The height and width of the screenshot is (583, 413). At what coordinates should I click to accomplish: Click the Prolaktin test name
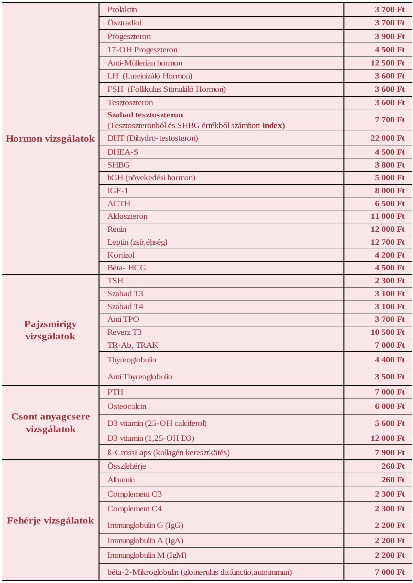coord(122,10)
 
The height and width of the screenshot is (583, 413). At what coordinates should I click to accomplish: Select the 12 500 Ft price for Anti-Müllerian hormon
coord(387,63)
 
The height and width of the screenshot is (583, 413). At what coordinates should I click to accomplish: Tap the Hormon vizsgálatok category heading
coord(50,139)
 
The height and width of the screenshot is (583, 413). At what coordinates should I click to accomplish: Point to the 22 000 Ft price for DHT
coord(387,138)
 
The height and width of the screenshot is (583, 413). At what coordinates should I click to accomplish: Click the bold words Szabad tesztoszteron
coord(145,115)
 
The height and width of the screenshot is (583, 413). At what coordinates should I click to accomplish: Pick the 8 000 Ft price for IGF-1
coord(389,190)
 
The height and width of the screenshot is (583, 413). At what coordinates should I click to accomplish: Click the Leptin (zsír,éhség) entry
coord(137,242)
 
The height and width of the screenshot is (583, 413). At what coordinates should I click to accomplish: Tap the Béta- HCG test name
coord(126,268)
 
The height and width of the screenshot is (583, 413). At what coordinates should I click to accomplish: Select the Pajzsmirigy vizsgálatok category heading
coord(50,330)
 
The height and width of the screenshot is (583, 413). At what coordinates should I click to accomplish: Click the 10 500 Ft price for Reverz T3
coord(387,332)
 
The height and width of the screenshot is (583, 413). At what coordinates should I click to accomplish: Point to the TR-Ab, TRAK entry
coord(132,345)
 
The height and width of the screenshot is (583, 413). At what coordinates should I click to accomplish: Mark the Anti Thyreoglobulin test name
coord(139,377)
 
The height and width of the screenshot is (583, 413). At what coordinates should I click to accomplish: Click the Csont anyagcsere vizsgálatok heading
coord(50,422)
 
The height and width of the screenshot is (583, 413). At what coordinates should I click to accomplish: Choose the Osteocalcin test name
coord(127,406)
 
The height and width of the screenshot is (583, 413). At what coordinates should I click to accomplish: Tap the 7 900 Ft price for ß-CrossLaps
coord(389,452)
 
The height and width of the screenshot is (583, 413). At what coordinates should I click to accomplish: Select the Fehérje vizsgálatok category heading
coord(50,521)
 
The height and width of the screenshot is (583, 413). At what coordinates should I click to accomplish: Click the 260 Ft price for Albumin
coord(393,480)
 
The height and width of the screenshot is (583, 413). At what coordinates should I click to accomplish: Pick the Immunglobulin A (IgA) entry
coord(145,540)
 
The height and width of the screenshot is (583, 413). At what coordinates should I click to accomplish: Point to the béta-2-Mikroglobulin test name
coord(199,572)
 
